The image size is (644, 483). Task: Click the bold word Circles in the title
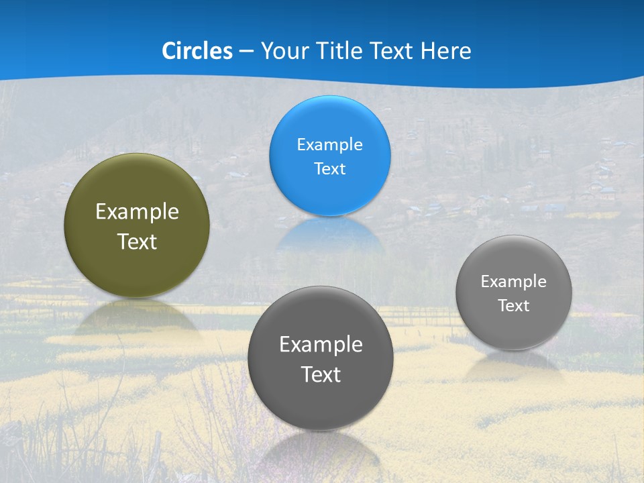[x=197, y=51]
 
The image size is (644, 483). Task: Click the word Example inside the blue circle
[x=329, y=144]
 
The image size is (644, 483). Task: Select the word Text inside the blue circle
[x=329, y=168]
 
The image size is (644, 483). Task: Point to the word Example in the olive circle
[x=137, y=212]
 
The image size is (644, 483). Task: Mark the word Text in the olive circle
[x=137, y=241]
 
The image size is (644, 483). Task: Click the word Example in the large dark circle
[x=321, y=345]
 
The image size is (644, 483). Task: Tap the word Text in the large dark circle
[x=321, y=374]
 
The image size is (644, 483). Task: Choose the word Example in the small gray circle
[x=513, y=282]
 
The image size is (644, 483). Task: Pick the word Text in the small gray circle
[x=513, y=306]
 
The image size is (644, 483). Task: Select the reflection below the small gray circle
[x=513, y=366]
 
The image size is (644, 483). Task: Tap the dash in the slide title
[x=246, y=52]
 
